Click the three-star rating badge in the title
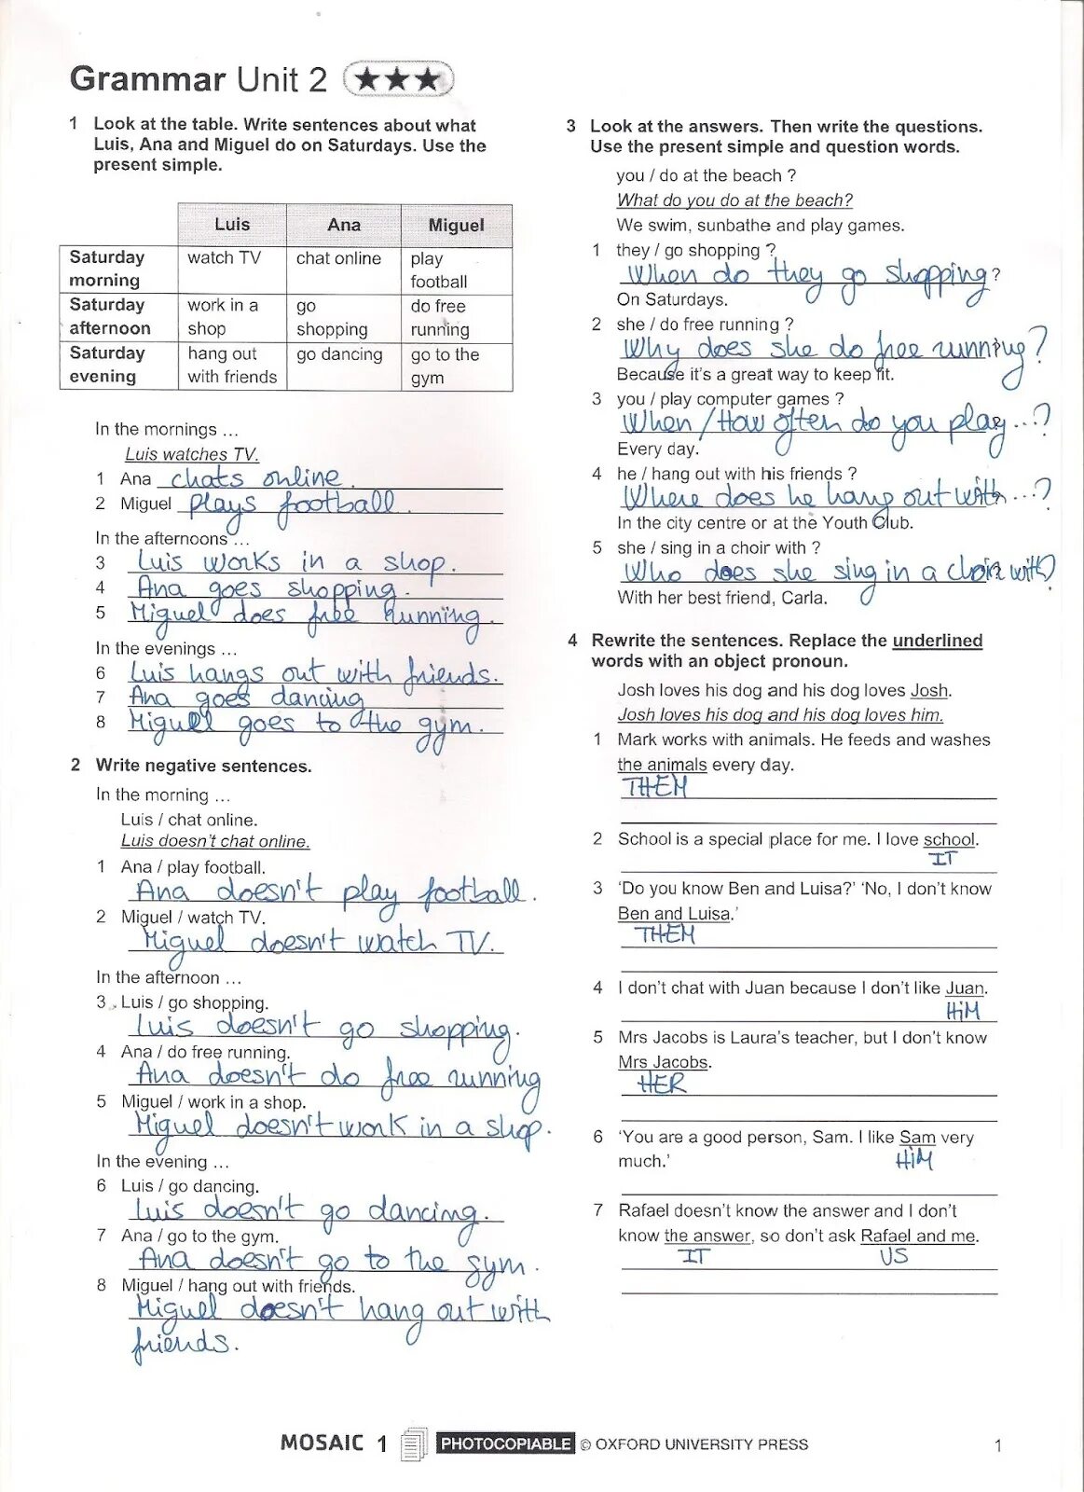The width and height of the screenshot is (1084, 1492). point(398,79)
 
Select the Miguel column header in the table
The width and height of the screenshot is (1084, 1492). point(456,225)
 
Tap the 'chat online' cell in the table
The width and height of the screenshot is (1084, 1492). point(338,258)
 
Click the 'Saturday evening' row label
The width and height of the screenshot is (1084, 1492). point(107,365)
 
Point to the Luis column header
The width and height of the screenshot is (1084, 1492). point(231,224)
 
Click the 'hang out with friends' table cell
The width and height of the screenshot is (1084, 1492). point(232,365)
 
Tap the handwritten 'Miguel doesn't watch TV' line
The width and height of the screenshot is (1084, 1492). point(316,940)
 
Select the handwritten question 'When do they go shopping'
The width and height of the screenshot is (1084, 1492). point(805,275)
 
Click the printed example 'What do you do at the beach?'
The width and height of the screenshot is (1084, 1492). point(734,200)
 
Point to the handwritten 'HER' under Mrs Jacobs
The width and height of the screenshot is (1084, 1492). point(662,1084)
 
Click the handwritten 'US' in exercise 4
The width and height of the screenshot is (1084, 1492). point(893,1256)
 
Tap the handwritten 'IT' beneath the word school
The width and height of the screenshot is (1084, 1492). point(942,859)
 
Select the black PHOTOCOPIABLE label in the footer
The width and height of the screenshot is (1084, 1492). point(505,1444)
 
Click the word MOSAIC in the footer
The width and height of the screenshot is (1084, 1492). point(322,1443)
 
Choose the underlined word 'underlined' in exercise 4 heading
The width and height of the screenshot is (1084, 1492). point(937,641)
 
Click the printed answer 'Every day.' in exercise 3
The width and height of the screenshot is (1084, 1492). point(657,449)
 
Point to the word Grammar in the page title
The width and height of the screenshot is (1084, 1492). point(148,79)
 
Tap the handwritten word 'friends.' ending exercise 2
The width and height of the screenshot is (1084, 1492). point(184,1344)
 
